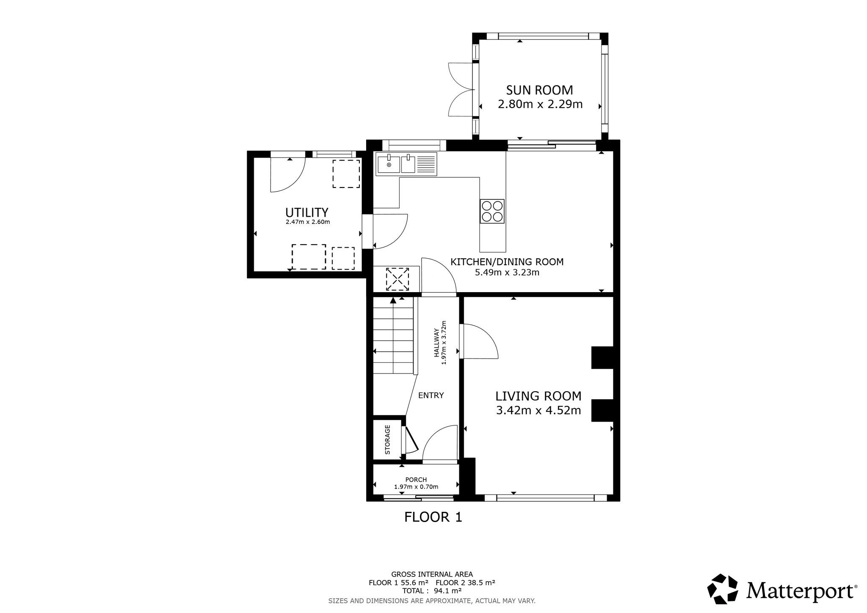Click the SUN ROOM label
point(540,90)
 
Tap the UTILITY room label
point(307,212)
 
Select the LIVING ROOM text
point(538,396)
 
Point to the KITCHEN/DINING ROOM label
point(507,262)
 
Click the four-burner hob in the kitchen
point(492,211)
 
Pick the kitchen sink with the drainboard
point(406,164)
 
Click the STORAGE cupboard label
point(387,440)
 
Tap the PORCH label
point(416,480)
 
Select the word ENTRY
point(431,395)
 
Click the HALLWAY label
point(436,343)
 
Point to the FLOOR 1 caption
point(433,517)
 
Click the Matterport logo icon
point(723,589)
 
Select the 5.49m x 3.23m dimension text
point(507,273)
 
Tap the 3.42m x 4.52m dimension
point(538,410)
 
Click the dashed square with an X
point(397,279)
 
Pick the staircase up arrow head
point(393,300)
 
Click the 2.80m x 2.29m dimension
point(540,104)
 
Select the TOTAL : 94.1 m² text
point(432,591)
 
